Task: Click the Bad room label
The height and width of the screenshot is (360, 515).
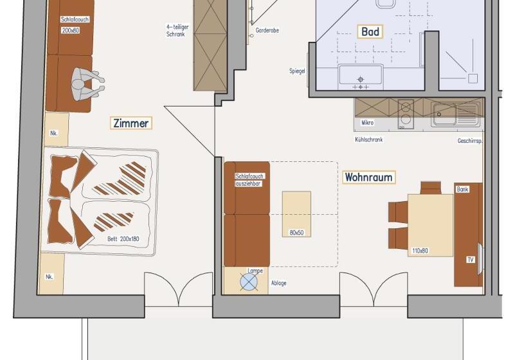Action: point(370,32)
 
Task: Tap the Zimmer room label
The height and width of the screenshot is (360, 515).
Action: point(131,123)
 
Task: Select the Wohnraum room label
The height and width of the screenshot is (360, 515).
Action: point(368,177)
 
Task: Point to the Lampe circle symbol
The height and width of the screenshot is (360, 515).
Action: point(249,282)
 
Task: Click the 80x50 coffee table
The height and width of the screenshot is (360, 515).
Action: point(296,214)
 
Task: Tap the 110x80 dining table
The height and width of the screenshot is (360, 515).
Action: point(430,225)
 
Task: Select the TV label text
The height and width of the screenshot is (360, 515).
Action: point(471,260)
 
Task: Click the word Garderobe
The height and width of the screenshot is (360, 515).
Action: point(267,30)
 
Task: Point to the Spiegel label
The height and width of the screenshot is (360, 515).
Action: point(297,71)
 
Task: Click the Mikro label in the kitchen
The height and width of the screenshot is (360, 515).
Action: point(367,123)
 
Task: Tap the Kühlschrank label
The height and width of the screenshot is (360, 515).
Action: point(369,139)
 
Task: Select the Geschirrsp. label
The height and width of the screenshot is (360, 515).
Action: point(470,141)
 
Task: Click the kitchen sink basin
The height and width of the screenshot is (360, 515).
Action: point(444,114)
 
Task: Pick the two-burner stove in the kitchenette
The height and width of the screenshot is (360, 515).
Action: point(406,114)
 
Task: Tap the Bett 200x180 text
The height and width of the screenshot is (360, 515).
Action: point(123,239)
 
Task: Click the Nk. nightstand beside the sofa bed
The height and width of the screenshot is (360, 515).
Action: point(56,129)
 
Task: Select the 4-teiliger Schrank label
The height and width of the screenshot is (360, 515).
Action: point(177,30)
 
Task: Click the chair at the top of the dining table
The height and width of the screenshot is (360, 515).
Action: point(431,188)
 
